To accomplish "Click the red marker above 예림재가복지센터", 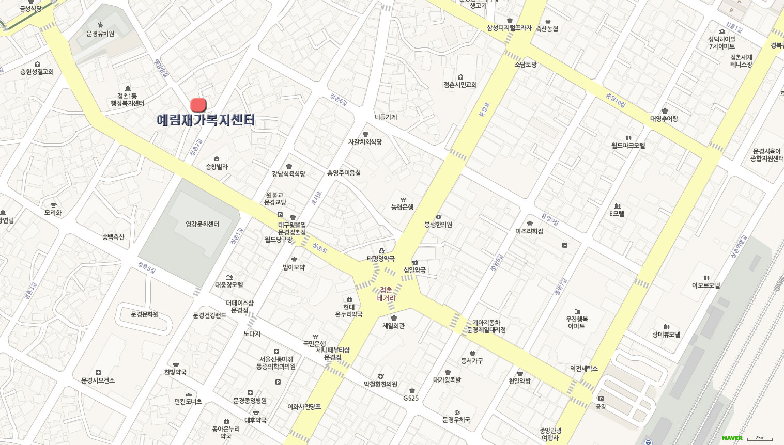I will pos(198,105).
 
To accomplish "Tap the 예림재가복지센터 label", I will pos(206,120).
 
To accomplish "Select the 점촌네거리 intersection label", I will pos(386,294).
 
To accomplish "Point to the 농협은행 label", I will pos(403,207).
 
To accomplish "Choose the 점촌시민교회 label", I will pos(460,85).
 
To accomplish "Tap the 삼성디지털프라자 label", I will pos(509,28).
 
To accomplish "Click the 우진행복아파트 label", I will pos(577,322).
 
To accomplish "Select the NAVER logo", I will pos(732,438).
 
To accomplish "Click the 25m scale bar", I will pos(760,438).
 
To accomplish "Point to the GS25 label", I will pos(411,398).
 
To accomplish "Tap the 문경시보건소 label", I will pos(98,380).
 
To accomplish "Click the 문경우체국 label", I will pos(456,420).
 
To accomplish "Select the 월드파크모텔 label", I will pos(628,146).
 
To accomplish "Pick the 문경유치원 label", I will pos(100,34).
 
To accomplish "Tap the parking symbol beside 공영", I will pos(601,399).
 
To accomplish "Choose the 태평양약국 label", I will pos(381,259).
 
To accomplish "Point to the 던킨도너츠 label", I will pos(188,402).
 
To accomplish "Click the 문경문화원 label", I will pos(145,314).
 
